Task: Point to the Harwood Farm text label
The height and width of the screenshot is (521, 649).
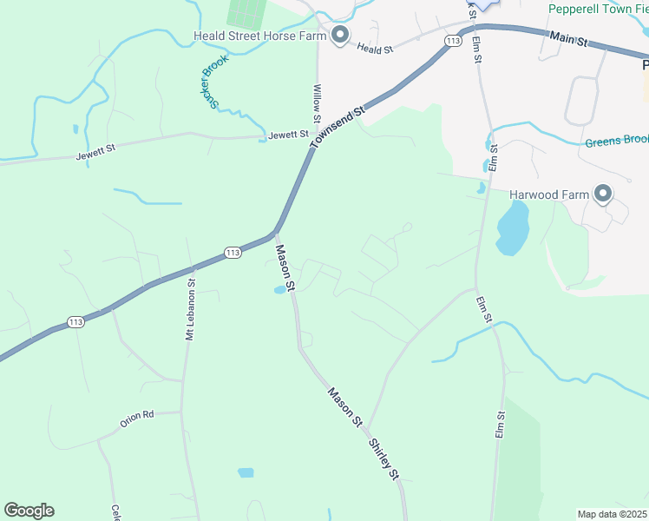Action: [549, 195]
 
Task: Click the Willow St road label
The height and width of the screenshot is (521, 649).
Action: [317, 103]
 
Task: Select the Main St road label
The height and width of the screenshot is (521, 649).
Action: [569, 40]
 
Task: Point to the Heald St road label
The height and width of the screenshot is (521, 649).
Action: [377, 50]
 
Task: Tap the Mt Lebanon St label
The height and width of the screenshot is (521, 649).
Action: [190, 309]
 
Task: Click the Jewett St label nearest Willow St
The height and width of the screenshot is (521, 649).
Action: [288, 135]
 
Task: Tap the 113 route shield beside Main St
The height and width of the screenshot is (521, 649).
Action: [452, 41]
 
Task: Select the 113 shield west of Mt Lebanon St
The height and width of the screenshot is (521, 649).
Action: [75, 322]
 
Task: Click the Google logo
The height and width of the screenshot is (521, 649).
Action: [29, 511]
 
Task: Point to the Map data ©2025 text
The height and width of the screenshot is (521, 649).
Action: [613, 513]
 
